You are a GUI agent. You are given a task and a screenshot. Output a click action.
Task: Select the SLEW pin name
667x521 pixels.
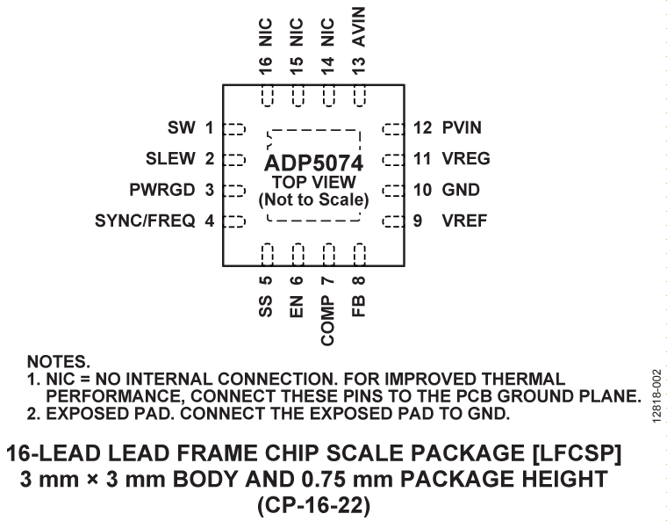173,159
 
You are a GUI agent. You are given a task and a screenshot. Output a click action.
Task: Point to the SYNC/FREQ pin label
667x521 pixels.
145,221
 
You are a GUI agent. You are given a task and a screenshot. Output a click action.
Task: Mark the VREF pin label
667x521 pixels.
463,221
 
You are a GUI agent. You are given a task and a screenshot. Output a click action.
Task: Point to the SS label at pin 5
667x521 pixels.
266,307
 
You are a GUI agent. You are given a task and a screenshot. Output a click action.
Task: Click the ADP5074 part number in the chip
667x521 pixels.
313,163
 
